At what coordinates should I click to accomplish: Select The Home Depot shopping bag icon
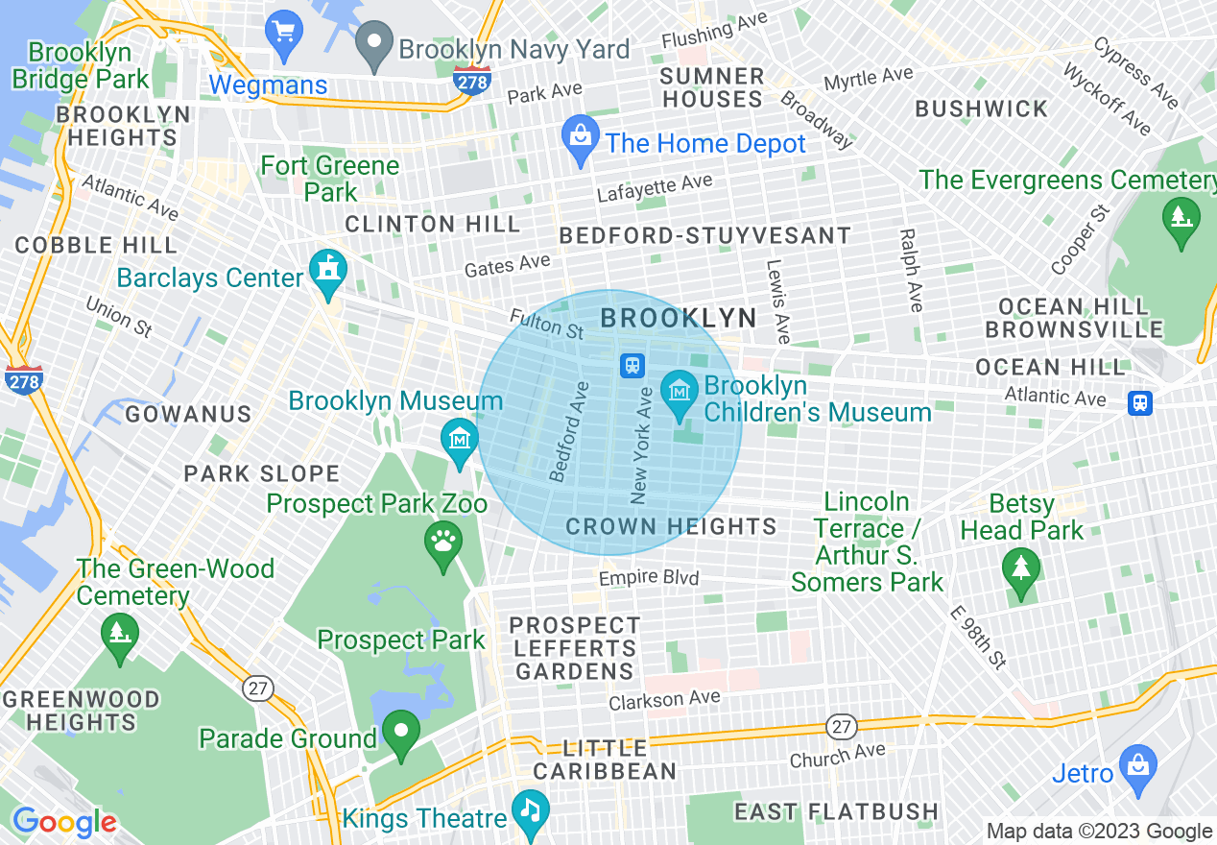click(581, 138)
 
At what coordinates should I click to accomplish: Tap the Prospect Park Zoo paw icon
click(442, 543)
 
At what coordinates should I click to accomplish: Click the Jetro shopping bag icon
click(1138, 766)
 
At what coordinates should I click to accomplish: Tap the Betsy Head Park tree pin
click(1020, 570)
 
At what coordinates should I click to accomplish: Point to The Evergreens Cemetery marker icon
click(1181, 219)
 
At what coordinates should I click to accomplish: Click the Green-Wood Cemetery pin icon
click(120, 636)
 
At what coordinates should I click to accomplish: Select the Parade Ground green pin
click(401, 733)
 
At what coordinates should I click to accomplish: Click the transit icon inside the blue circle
click(632, 365)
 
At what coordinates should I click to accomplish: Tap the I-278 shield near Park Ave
click(472, 81)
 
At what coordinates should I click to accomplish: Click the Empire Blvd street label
click(649, 578)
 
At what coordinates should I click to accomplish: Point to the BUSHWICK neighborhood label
click(982, 109)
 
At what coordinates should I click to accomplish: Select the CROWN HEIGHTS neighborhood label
click(671, 526)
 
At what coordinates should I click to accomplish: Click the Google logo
click(64, 823)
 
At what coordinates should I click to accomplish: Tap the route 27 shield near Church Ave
click(841, 727)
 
